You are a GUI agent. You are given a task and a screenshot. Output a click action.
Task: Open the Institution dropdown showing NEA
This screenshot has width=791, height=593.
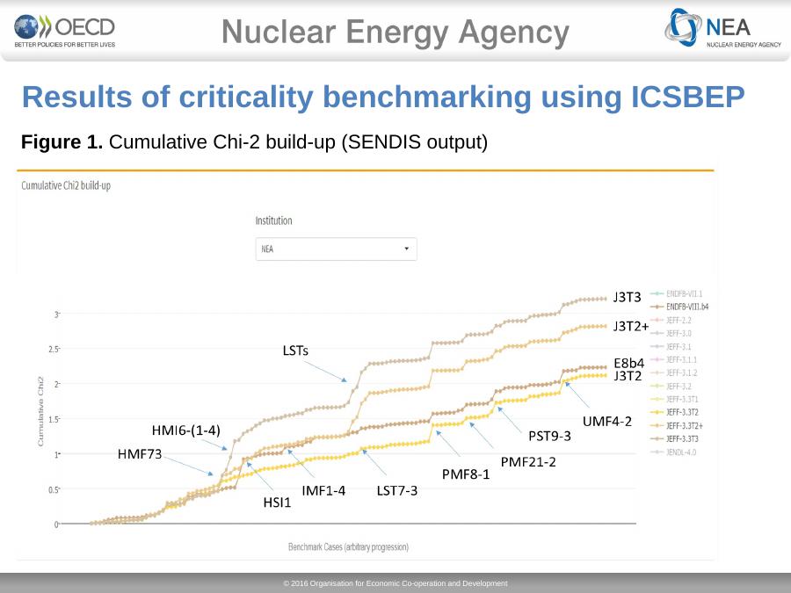(336, 249)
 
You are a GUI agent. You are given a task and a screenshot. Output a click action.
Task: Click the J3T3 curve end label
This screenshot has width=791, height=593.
(628, 297)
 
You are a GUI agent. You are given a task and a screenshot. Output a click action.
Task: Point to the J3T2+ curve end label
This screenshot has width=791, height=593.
(631, 326)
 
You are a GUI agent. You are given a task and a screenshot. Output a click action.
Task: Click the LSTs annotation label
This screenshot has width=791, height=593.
(295, 351)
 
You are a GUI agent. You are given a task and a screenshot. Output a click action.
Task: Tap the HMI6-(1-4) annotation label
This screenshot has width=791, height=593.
(185, 430)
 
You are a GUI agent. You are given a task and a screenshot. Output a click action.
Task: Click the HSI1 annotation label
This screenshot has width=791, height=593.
(277, 503)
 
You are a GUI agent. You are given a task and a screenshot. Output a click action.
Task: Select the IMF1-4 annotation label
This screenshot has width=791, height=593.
(323, 490)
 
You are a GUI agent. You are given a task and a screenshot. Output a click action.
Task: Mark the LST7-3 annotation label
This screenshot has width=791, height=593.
(396, 490)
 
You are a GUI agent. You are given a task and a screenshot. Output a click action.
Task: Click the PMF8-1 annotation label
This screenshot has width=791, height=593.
(466, 474)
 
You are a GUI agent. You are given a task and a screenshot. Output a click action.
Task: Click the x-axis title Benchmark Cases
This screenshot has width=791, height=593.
(348, 546)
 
